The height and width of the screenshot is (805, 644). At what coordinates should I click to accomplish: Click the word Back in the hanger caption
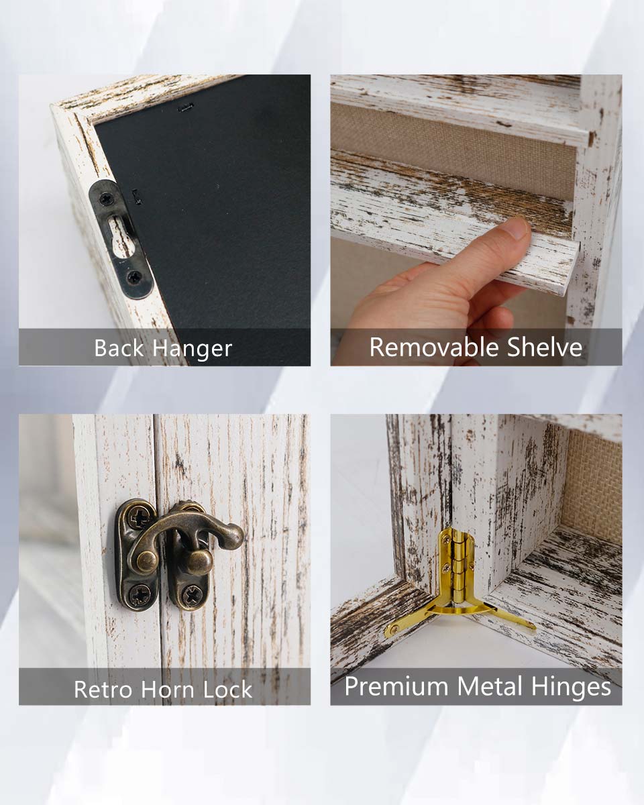click(x=119, y=348)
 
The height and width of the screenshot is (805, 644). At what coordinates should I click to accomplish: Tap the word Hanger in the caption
click(x=193, y=350)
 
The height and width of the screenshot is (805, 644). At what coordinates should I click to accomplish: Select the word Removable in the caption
click(x=434, y=347)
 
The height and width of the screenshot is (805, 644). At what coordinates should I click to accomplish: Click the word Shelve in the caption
click(x=545, y=347)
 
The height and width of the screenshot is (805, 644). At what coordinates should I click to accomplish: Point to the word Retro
click(x=103, y=689)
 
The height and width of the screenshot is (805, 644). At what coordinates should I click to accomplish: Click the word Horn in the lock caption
click(x=167, y=689)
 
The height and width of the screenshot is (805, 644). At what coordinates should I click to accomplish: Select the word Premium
click(x=396, y=687)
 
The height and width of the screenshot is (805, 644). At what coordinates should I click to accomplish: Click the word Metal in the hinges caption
click(x=490, y=686)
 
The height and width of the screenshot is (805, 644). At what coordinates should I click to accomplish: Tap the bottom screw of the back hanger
click(x=133, y=278)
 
